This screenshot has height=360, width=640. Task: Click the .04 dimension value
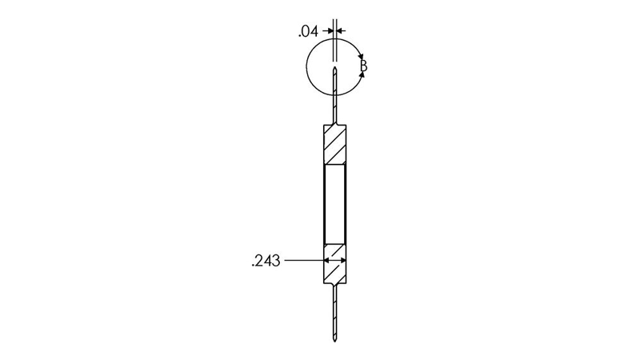click(x=308, y=31)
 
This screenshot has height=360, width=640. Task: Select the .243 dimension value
click(x=266, y=261)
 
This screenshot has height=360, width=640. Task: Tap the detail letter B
click(x=364, y=66)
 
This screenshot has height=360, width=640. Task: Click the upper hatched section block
click(x=335, y=144)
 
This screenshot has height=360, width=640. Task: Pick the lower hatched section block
click(x=335, y=264)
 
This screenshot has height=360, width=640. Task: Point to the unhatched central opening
click(x=335, y=204)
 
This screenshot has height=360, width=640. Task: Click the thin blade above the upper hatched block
click(x=335, y=95)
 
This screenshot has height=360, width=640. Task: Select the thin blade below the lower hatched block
click(x=335, y=312)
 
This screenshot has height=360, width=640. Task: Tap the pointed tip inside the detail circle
click(x=335, y=68)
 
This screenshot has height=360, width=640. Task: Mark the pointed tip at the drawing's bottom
click(x=335, y=341)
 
